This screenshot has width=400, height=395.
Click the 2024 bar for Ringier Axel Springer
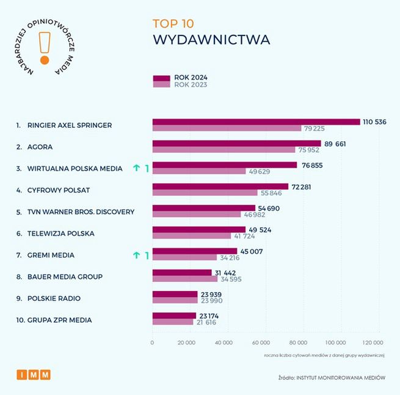click(256, 122)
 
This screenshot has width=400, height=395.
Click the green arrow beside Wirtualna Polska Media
click(137, 168)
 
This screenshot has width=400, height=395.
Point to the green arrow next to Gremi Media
click(137, 255)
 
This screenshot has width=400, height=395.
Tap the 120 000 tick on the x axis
click(373, 342)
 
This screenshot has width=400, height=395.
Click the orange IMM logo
click(33, 374)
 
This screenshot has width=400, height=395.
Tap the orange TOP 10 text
click(174, 24)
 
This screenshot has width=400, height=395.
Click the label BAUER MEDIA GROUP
click(65, 276)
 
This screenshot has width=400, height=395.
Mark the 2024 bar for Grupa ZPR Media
click(174, 316)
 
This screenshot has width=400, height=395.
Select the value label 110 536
click(375, 122)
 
